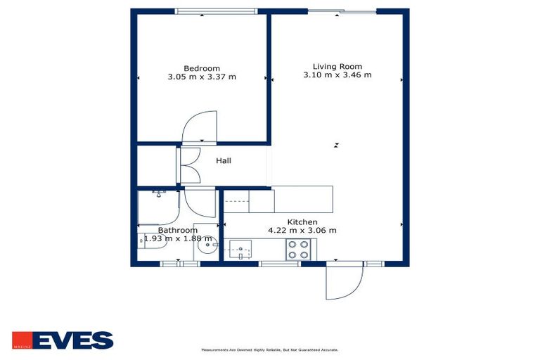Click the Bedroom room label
coord(202,68)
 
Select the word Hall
coord(224,161)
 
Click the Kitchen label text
coord(302,222)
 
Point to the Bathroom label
coord(177,230)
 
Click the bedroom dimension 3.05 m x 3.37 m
coord(202,77)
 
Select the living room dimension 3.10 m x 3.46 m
coord(337,75)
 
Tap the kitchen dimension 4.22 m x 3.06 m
coord(302,231)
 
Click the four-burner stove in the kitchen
coord(297,250)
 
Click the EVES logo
coord(63,340)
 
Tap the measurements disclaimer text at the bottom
coord(269,349)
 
